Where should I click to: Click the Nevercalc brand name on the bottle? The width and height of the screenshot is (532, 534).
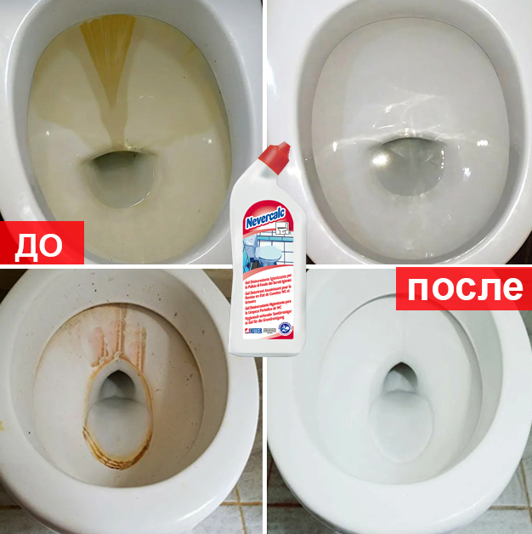click(x=265, y=218)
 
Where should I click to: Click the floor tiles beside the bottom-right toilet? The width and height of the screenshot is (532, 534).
click(x=510, y=502)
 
